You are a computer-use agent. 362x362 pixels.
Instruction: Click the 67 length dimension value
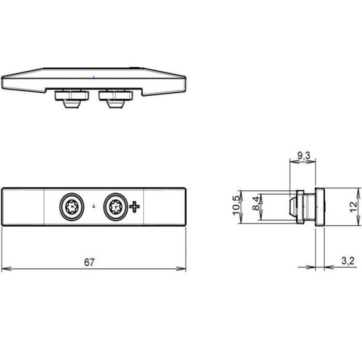89,262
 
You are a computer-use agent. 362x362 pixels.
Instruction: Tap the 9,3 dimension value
304,156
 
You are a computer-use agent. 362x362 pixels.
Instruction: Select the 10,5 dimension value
236,206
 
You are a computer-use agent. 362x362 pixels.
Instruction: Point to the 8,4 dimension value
256,203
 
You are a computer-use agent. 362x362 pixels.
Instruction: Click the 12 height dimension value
353,207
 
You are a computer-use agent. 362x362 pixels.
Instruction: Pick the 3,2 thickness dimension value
348,261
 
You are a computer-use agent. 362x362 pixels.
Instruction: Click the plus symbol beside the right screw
134,207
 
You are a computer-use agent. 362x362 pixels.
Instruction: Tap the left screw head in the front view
72,207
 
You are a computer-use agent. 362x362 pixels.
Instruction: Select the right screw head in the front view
115,207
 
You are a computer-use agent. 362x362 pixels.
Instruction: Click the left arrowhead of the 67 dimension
5,269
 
